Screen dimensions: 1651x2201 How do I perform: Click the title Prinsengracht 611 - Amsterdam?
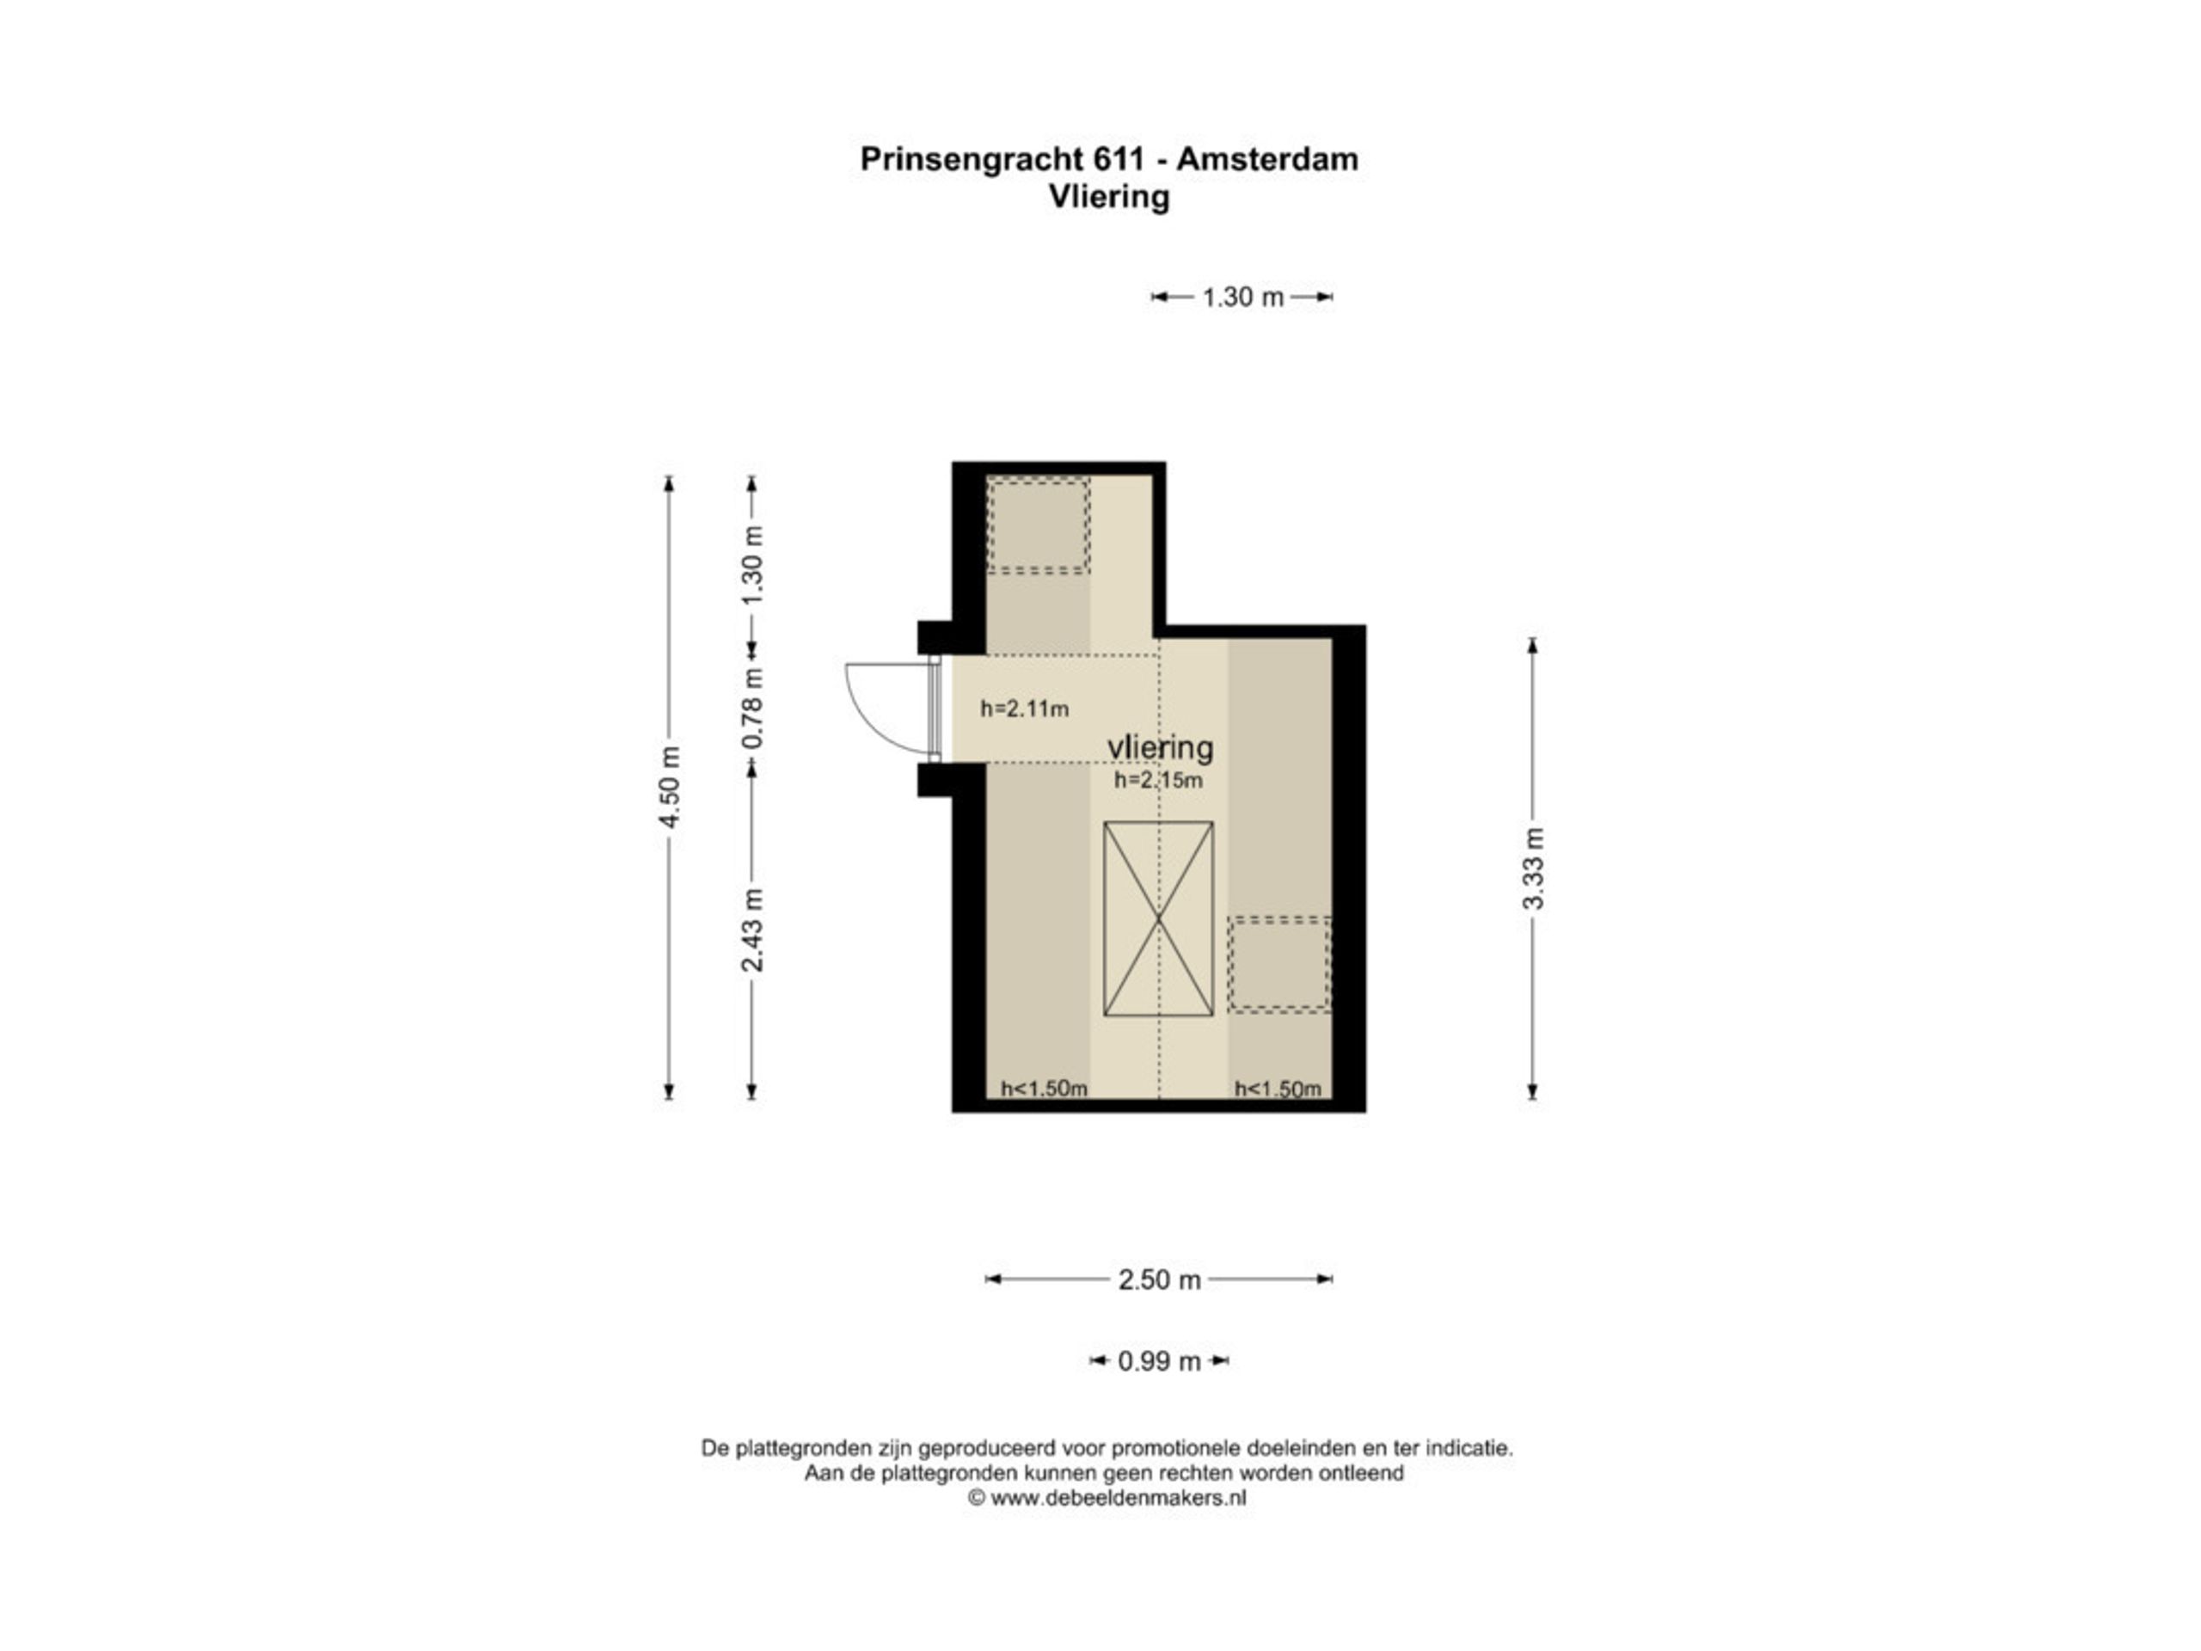pos(1108,159)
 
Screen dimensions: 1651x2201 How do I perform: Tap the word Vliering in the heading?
pos(1108,197)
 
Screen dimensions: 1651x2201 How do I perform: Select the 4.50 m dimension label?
pos(670,786)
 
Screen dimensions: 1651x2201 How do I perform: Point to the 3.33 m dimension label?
pos(1532,867)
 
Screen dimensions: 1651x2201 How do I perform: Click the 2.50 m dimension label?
pos(1158,1280)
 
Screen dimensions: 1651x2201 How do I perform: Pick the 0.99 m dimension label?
pos(1158,1361)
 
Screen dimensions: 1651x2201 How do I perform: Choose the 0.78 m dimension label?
pos(753,708)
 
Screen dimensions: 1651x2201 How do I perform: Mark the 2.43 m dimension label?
pos(753,929)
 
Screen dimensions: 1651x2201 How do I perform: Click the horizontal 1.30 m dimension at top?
pos(1242,297)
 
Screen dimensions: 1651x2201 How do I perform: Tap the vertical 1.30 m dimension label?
pos(753,564)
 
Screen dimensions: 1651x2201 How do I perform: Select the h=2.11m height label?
pos(1024,709)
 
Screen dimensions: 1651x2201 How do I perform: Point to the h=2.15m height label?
pos(1157,780)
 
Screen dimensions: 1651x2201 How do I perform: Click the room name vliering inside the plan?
pos(1159,746)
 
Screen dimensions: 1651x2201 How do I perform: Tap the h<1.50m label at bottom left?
pos(1043,1089)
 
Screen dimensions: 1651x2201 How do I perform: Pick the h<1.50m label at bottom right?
pos(1278,1089)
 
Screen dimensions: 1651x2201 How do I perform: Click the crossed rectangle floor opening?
pos(1158,918)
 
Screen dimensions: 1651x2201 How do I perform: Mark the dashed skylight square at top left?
pos(1038,525)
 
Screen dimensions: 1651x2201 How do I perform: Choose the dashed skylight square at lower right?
pos(1278,964)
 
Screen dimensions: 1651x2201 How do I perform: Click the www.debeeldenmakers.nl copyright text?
pos(1107,1498)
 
